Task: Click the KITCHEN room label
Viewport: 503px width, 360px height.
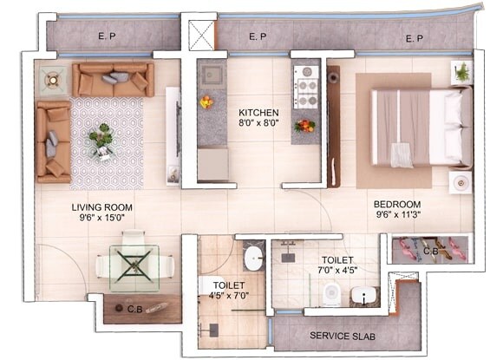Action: click(x=258, y=113)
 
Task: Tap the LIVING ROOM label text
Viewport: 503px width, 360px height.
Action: click(x=101, y=206)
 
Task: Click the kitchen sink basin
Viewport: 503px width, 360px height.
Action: click(x=212, y=75)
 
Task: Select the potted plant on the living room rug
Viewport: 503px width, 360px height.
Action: click(x=102, y=140)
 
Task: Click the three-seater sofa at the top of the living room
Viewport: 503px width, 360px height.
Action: click(x=113, y=80)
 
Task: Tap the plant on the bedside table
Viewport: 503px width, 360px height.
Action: click(x=462, y=72)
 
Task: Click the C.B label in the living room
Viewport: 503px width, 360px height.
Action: click(x=134, y=309)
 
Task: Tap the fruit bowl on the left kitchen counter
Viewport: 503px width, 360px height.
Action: click(x=206, y=102)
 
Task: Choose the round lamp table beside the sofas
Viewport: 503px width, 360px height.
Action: click(x=51, y=81)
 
